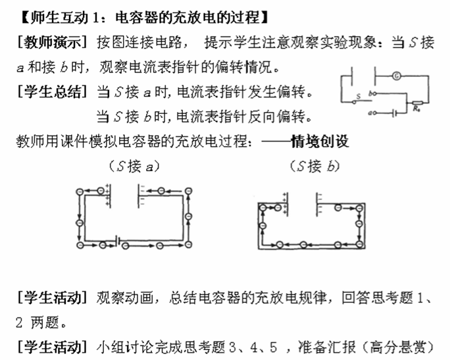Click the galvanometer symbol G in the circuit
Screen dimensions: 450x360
pos(396,76)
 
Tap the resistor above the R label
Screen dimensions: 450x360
pos(417,103)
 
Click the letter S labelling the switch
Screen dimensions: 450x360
pos(358,97)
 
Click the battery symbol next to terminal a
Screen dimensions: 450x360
pos(395,113)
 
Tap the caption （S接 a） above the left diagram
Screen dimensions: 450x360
pos(134,167)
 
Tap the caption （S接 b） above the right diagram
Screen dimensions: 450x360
pos(315,167)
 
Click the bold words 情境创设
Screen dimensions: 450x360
pos(320,141)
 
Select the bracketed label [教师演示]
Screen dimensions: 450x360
pos(52,43)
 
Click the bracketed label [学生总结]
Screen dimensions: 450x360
pos(52,92)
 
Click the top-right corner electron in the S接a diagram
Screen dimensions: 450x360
pos(188,191)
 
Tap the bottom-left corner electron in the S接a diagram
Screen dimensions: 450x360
pos(80,245)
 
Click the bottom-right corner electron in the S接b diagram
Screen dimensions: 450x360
pos(359,245)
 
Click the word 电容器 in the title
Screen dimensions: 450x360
pos(137,18)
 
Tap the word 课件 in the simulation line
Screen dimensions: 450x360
pos(74,141)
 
